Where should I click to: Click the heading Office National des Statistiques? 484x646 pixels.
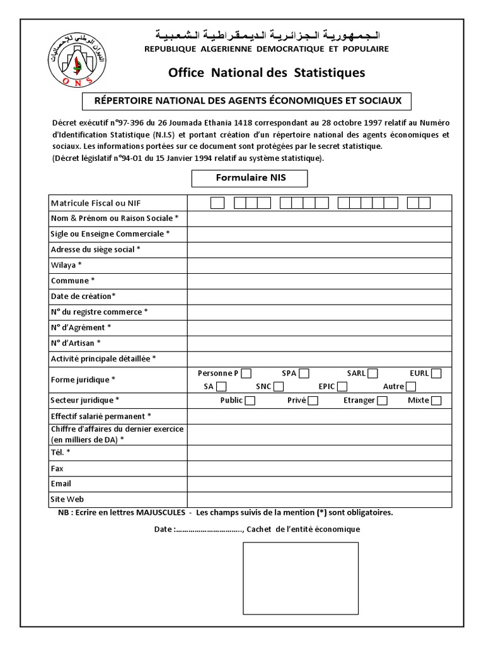tap(267, 73)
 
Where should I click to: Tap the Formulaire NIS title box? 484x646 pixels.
tap(250, 178)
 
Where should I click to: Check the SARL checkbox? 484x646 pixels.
tap(373, 373)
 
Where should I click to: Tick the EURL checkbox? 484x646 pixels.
tap(436, 373)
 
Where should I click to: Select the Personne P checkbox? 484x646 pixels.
tap(246, 373)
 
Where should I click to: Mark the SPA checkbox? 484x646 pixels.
tap(304, 373)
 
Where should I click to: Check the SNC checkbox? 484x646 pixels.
tap(277, 386)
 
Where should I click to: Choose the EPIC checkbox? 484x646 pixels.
tap(340, 386)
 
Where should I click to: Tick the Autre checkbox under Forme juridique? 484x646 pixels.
tap(411, 386)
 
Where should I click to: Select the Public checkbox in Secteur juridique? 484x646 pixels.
tap(250, 401)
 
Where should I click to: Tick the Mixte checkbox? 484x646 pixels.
tap(436, 401)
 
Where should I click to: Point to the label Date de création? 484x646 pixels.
tap(83, 296)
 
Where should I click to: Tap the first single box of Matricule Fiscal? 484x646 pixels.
tap(217, 203)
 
